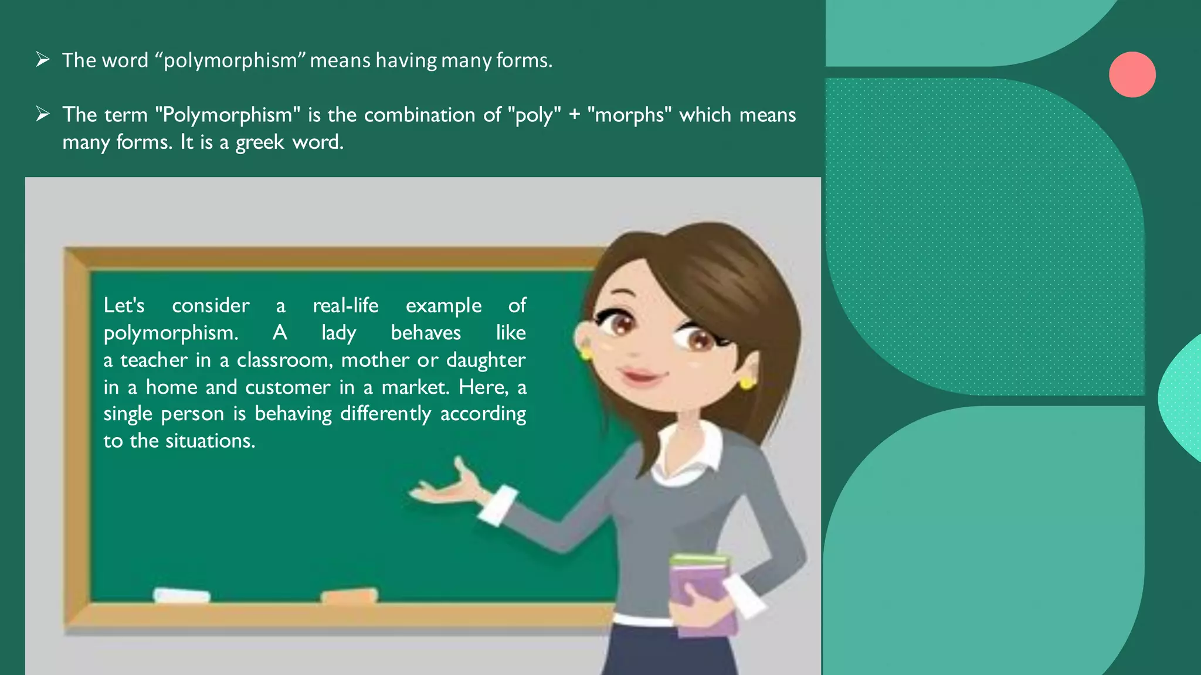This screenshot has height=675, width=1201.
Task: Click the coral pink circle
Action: coord(1132,74)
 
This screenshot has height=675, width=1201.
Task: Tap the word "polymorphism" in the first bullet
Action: coord(230,61)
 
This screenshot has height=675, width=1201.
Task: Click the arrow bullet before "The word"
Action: coord(42,59)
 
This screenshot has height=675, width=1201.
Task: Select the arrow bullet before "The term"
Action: coord(42,114)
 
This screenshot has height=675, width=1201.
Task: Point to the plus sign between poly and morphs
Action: coord(574,115)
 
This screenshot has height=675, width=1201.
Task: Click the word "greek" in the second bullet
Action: coord(260,142)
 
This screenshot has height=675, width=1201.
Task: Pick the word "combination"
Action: coord(419,115)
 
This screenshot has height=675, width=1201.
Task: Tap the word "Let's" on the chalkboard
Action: coord(124,305)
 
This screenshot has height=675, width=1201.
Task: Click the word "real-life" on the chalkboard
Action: coord(345,305)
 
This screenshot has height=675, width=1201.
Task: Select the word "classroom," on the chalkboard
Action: coord(285,360)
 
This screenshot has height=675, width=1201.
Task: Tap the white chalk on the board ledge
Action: coord(182,595)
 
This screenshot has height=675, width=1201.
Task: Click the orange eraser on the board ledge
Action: coord(350,596)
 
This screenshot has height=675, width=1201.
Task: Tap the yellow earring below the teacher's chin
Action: coord(747,384)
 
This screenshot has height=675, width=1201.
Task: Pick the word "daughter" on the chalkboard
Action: coord(486,360)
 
